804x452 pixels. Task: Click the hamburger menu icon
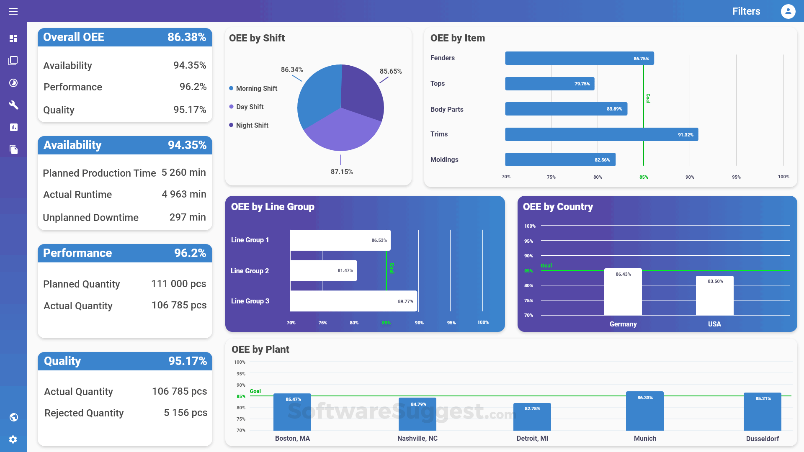point(13,11)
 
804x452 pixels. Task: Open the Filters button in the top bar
point(746,11)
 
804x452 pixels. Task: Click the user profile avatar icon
point(788,11)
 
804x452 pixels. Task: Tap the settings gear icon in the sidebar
point(13,439)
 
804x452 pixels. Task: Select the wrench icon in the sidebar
point(13,105)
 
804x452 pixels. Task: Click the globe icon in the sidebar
point(13,417)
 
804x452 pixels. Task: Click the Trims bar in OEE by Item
point(601,134)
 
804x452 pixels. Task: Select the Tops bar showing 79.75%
point(549,84)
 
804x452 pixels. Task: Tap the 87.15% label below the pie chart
point(342,172)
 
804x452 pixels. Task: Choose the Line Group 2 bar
point(323,271)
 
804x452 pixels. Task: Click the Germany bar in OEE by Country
point(623,293)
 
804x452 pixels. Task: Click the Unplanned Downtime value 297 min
point(188,217)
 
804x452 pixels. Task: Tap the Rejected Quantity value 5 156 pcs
point(186,413)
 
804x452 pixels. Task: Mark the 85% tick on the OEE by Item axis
point(644,177)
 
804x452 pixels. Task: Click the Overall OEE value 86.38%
point(187,37)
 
